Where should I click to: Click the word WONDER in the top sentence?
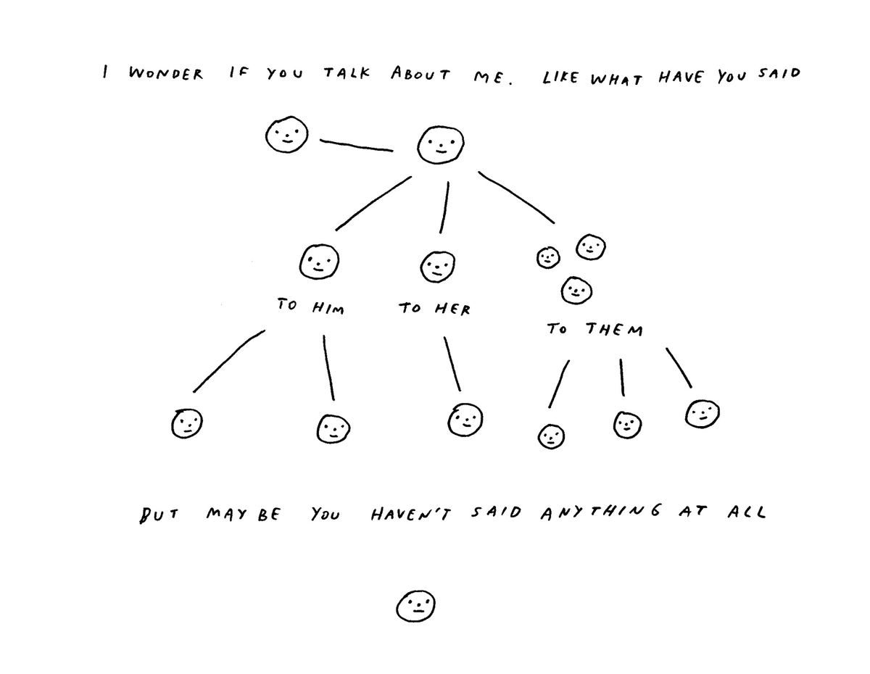166,74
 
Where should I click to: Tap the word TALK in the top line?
347,73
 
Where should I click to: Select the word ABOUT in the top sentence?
420,74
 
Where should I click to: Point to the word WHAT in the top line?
616,79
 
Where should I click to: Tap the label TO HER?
434,309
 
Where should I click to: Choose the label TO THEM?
595,330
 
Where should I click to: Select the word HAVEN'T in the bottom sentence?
411,514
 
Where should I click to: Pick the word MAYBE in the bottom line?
244,514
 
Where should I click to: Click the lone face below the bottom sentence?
415,606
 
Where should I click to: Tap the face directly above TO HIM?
319,262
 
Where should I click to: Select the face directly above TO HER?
438,267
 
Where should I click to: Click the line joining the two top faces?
356,146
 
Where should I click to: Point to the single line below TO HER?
452,363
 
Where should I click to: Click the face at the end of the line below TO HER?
465,420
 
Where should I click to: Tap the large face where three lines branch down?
441,145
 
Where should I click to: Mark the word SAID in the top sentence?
779,73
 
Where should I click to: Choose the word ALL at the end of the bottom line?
747,512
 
